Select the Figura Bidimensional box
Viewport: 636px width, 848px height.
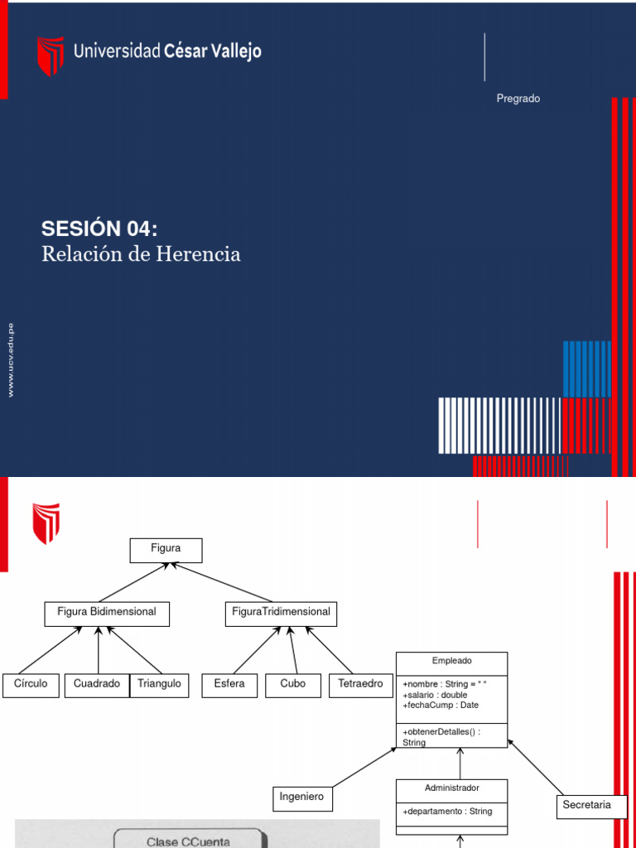pyautogui.click(x=106, y=614)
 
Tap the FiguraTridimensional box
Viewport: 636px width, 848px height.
pyautogui.click(x=281, y=614)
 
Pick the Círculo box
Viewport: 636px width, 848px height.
pyautogui.click(x=31, y=686)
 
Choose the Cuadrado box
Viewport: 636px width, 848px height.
pyautogui.click(x=97, y=686)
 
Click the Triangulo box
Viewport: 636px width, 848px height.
pyautogui.click(x=159, y=686)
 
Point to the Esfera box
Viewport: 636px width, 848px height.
pyautogui.click(x=229, y=686)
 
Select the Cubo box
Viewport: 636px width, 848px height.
pyautogui.click(x=293, y=686)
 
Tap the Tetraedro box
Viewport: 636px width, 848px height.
pyautogui.click(x=361, y=686)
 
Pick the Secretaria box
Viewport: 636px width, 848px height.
pyautogui.click(x=586, y=806)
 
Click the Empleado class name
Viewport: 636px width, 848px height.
pyautogui.click(x=451, y=661)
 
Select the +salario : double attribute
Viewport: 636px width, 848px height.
pyautogui.click(x=435, y=695)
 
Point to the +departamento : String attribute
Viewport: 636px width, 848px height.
pyautogui.click(x=447, y=812)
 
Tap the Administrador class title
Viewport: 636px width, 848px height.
pyautogui.click(x=451, y=788)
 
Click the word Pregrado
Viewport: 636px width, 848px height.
pyautogui.click(x=518, y=99)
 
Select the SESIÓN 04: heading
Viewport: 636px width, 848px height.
pyautogui.click(x=99, y=229)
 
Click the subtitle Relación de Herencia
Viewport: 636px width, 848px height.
pyautogui.click(x=141, y=254)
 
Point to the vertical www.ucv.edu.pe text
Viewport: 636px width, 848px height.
pyautogui.click(x=11, y=360)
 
